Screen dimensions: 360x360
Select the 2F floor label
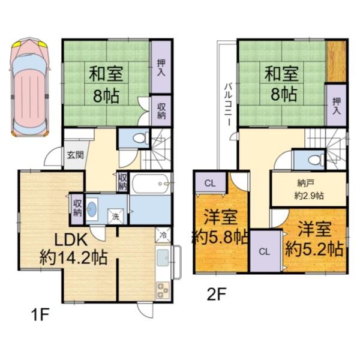pos(217,294)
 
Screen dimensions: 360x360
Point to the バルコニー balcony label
pos(229,105)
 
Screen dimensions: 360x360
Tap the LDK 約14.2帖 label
pos(73,248)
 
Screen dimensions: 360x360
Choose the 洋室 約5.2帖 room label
pos(314,238)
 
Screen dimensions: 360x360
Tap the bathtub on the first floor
pos(151,184)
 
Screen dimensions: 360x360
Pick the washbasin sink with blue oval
pos(93,209)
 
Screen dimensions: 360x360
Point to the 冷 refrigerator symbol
pos(163,235)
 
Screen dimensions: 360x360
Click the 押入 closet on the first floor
pos(161,66)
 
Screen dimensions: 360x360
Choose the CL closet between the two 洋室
pos(264,251)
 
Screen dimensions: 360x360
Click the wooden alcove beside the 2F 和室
pos(337,60)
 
